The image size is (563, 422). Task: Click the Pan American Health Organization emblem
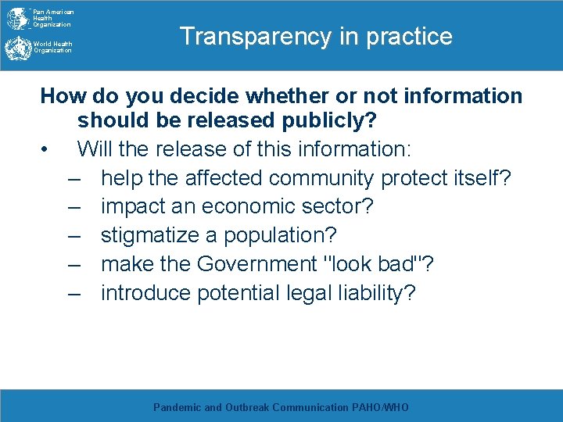point(16,18)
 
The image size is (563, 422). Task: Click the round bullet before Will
point(48,149)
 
